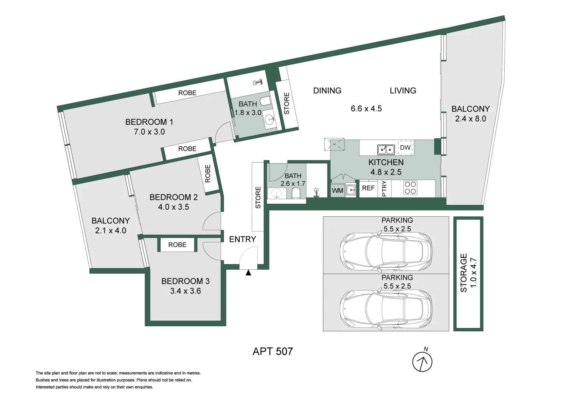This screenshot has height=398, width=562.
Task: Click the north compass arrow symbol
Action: tap(422, 362)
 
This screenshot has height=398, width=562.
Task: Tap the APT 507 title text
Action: tap(273, 351)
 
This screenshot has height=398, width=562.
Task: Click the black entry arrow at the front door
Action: tap(248, 273)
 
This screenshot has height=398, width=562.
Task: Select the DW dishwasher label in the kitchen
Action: tap(405, 148)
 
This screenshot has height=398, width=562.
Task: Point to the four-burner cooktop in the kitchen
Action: tap(410, 188)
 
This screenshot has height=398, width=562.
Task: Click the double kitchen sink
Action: tap(386, 150)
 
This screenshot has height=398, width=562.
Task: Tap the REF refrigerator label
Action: tap(368, 188)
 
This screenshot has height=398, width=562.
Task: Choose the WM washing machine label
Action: tap(337, 191)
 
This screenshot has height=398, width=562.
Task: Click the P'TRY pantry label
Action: tap(385, 189)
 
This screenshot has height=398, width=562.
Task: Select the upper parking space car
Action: tap(386, 251)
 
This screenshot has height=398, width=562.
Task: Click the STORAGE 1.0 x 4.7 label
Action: tap(468, 273)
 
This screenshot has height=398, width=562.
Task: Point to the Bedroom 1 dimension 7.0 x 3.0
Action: tap(149, 132)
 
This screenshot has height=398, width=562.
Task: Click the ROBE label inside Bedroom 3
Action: tap(177, 245)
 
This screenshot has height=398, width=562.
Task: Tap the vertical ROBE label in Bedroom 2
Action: tap(208, 174)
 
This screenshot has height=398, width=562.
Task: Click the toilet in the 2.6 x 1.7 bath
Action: tap(296, 193)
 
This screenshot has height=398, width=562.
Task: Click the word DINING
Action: tap(327, 91)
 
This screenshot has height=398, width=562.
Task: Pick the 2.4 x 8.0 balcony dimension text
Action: tap(470, 119)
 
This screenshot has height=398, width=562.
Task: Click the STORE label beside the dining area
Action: tap(287, 103)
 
